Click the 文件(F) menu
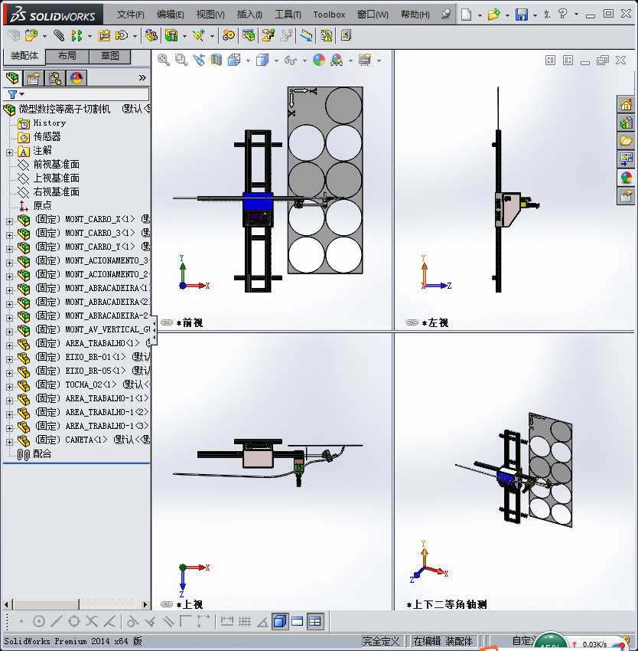pos(131,15)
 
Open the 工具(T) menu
pos(288,15)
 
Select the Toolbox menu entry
pos(329,15)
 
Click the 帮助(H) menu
pos(415,15)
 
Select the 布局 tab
pos(67,56)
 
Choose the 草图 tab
pos(110,56)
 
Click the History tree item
pos(49,123)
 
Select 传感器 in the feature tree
pos(47,136)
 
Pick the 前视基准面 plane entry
pos(56,164)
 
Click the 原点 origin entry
pos(42,205)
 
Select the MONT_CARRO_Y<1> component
pos(99,247)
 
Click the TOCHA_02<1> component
pos(91,384)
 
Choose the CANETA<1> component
pos(86,440)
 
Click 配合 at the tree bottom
pos(42,453)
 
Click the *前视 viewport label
pos(191,323)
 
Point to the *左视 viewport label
pos(437,323)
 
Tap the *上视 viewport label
pos(191,604)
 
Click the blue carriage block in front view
pos(257,201)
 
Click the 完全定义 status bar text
pos(381,641)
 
